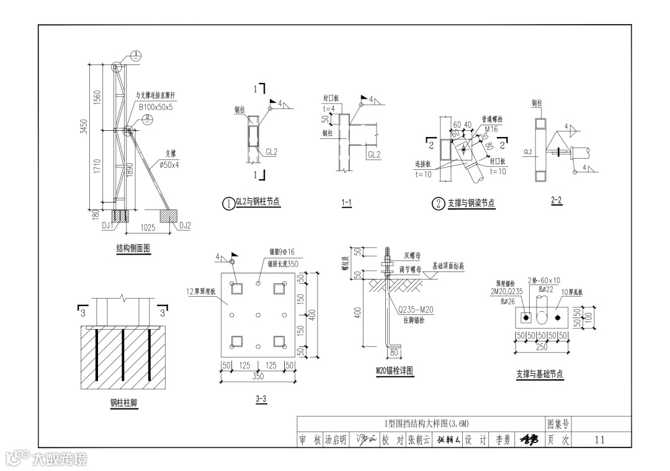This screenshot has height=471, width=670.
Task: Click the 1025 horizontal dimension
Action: [x=148, y=228]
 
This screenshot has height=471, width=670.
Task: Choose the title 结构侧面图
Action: [x=133, y=249]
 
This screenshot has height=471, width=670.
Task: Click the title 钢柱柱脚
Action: [x=124, y=403]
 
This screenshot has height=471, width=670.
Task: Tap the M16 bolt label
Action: [x=491, y=129]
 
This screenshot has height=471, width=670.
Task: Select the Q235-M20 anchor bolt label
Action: [x=416, y=309]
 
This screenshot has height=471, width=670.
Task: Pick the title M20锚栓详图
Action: [x=395, y=371]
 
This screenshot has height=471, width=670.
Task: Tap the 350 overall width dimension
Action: [x=257, y=376]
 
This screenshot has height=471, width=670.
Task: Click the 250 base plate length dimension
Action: [x=542, y=348]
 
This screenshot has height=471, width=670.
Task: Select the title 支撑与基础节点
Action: [x=540, y=374]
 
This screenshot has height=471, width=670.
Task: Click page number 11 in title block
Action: [x=599, y=440]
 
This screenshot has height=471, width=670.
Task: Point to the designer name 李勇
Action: [x=502, y=440]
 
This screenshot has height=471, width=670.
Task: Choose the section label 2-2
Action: [x=556, y=200]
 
